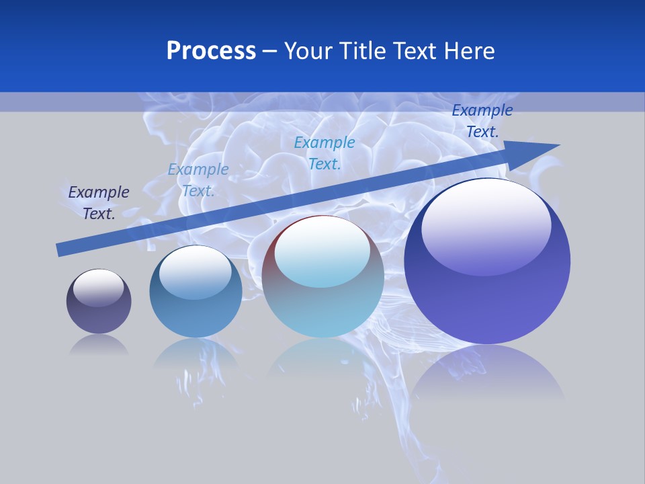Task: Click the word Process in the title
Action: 211,50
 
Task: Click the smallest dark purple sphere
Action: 99,302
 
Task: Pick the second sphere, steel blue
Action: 196,291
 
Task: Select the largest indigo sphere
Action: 487,261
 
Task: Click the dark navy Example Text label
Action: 99,202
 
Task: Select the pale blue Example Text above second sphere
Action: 198,179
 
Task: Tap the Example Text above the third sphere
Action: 325,153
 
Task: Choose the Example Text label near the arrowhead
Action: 482,121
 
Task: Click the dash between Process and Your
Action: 270,51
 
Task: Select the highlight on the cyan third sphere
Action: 322,252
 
